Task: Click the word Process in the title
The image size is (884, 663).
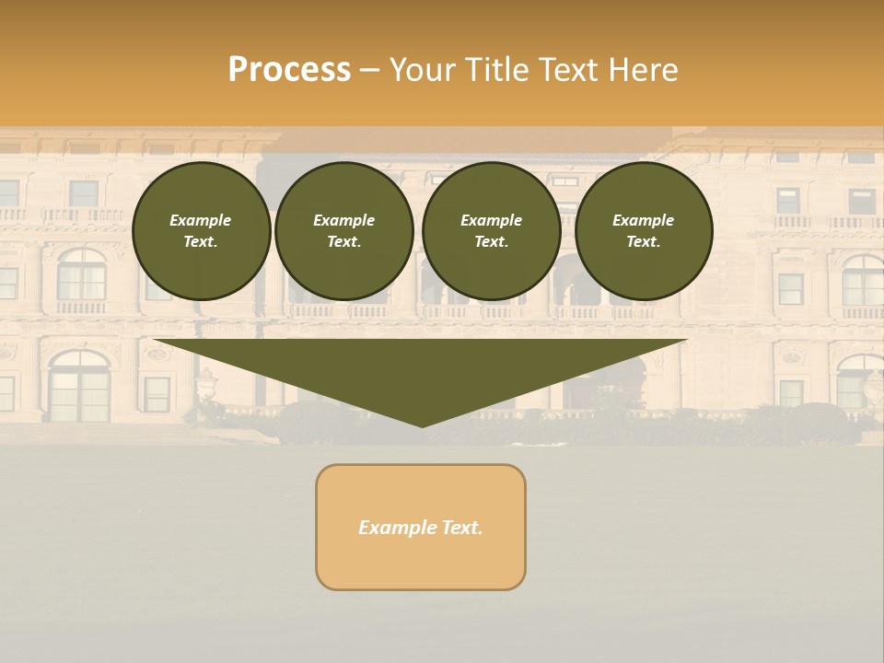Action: click(x=289, y=70)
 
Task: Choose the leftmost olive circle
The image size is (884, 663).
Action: click(x=201, y=231)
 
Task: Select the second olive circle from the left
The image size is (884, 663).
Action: click(x=344, y=231)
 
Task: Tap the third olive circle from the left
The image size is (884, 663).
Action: click(x=491, y=231)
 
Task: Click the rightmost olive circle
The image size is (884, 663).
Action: click(x=644, y=231)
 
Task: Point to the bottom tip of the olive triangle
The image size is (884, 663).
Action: click(x=422, y=425)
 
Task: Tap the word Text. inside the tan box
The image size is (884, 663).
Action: click(x=462, y=528)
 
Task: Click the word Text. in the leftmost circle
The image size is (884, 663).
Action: click(x=201, y=242)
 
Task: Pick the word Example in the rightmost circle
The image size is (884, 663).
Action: click(x=644, y=220)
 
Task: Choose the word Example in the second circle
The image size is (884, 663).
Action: click(x=344, y=220)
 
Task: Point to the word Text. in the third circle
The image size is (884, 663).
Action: click(x=491, y=242)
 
